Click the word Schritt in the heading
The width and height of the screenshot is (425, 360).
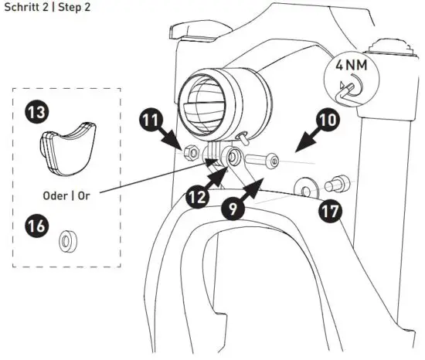click(x=22, y=7)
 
